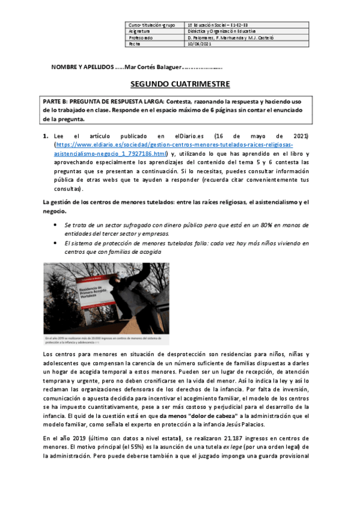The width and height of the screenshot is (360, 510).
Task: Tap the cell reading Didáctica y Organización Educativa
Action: (221, 31)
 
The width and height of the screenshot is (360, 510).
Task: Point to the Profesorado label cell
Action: (141, 37)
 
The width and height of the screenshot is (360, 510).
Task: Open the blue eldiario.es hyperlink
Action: (174, 149)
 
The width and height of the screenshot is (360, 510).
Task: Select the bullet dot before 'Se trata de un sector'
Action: (55, 225)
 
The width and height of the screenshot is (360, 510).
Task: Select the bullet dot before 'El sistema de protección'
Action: (55, 243)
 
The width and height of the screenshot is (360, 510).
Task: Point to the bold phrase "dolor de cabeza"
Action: (197, 416)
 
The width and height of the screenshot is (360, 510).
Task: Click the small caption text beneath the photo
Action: (105, 342)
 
